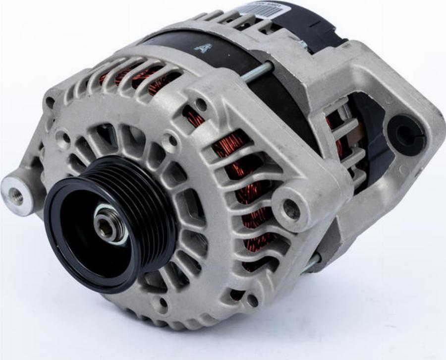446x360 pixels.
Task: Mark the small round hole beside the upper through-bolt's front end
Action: (x=201, y=105)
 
